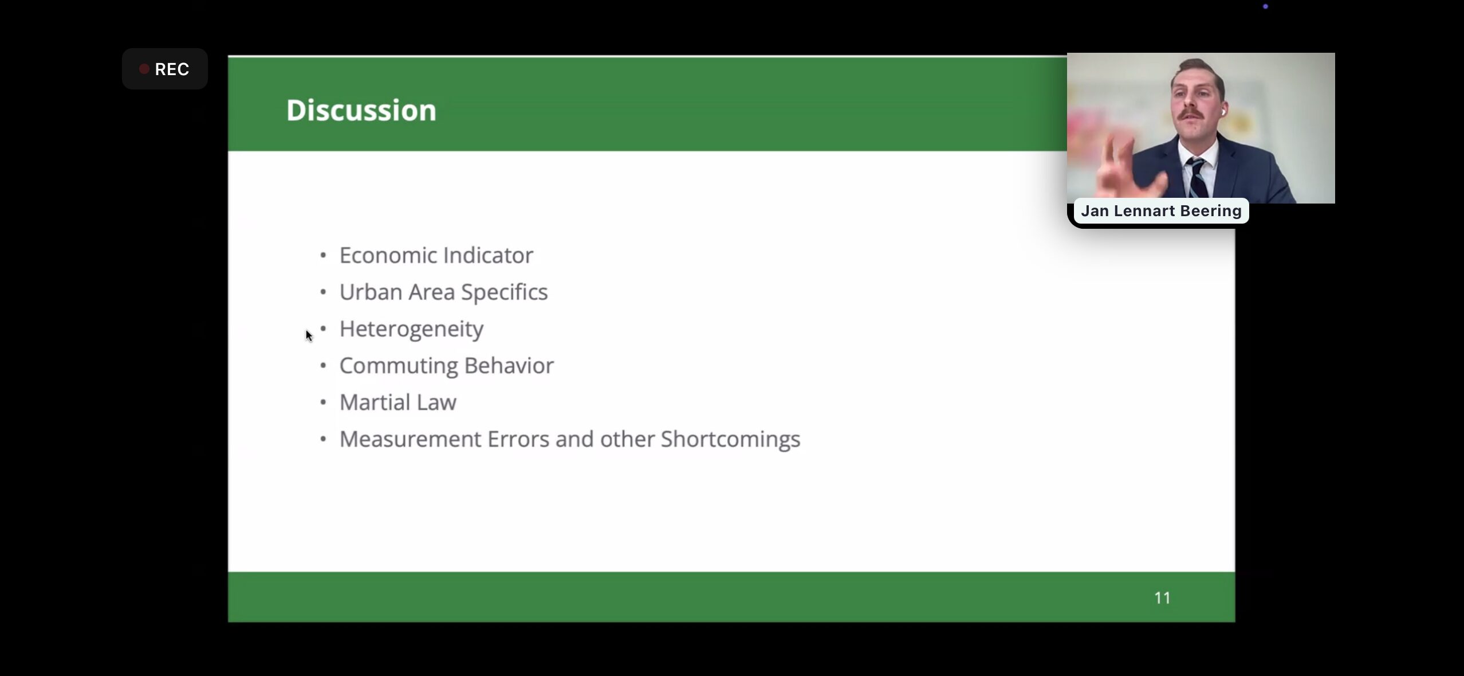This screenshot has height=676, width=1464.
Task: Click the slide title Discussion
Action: pos(361,110)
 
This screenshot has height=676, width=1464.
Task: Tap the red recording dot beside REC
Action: pos(144,69)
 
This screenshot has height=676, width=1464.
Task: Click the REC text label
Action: pos(172,69)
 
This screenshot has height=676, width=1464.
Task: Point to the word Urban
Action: pos(371,292)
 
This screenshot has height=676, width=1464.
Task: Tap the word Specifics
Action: pos(505,292)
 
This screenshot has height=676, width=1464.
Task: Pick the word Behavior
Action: pos(509,365)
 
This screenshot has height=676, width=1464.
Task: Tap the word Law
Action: pos(436,403)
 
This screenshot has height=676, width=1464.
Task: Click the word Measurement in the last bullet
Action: pos(410,439)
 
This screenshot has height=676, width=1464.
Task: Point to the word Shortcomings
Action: pos(730,440)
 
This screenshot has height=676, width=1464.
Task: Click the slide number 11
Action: pos(1162,598)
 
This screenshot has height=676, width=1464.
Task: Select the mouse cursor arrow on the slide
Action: pos(309,336)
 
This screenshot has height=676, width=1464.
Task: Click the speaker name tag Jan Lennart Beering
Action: pos(1161,211)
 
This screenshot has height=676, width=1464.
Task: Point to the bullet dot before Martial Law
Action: pos(323,403)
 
